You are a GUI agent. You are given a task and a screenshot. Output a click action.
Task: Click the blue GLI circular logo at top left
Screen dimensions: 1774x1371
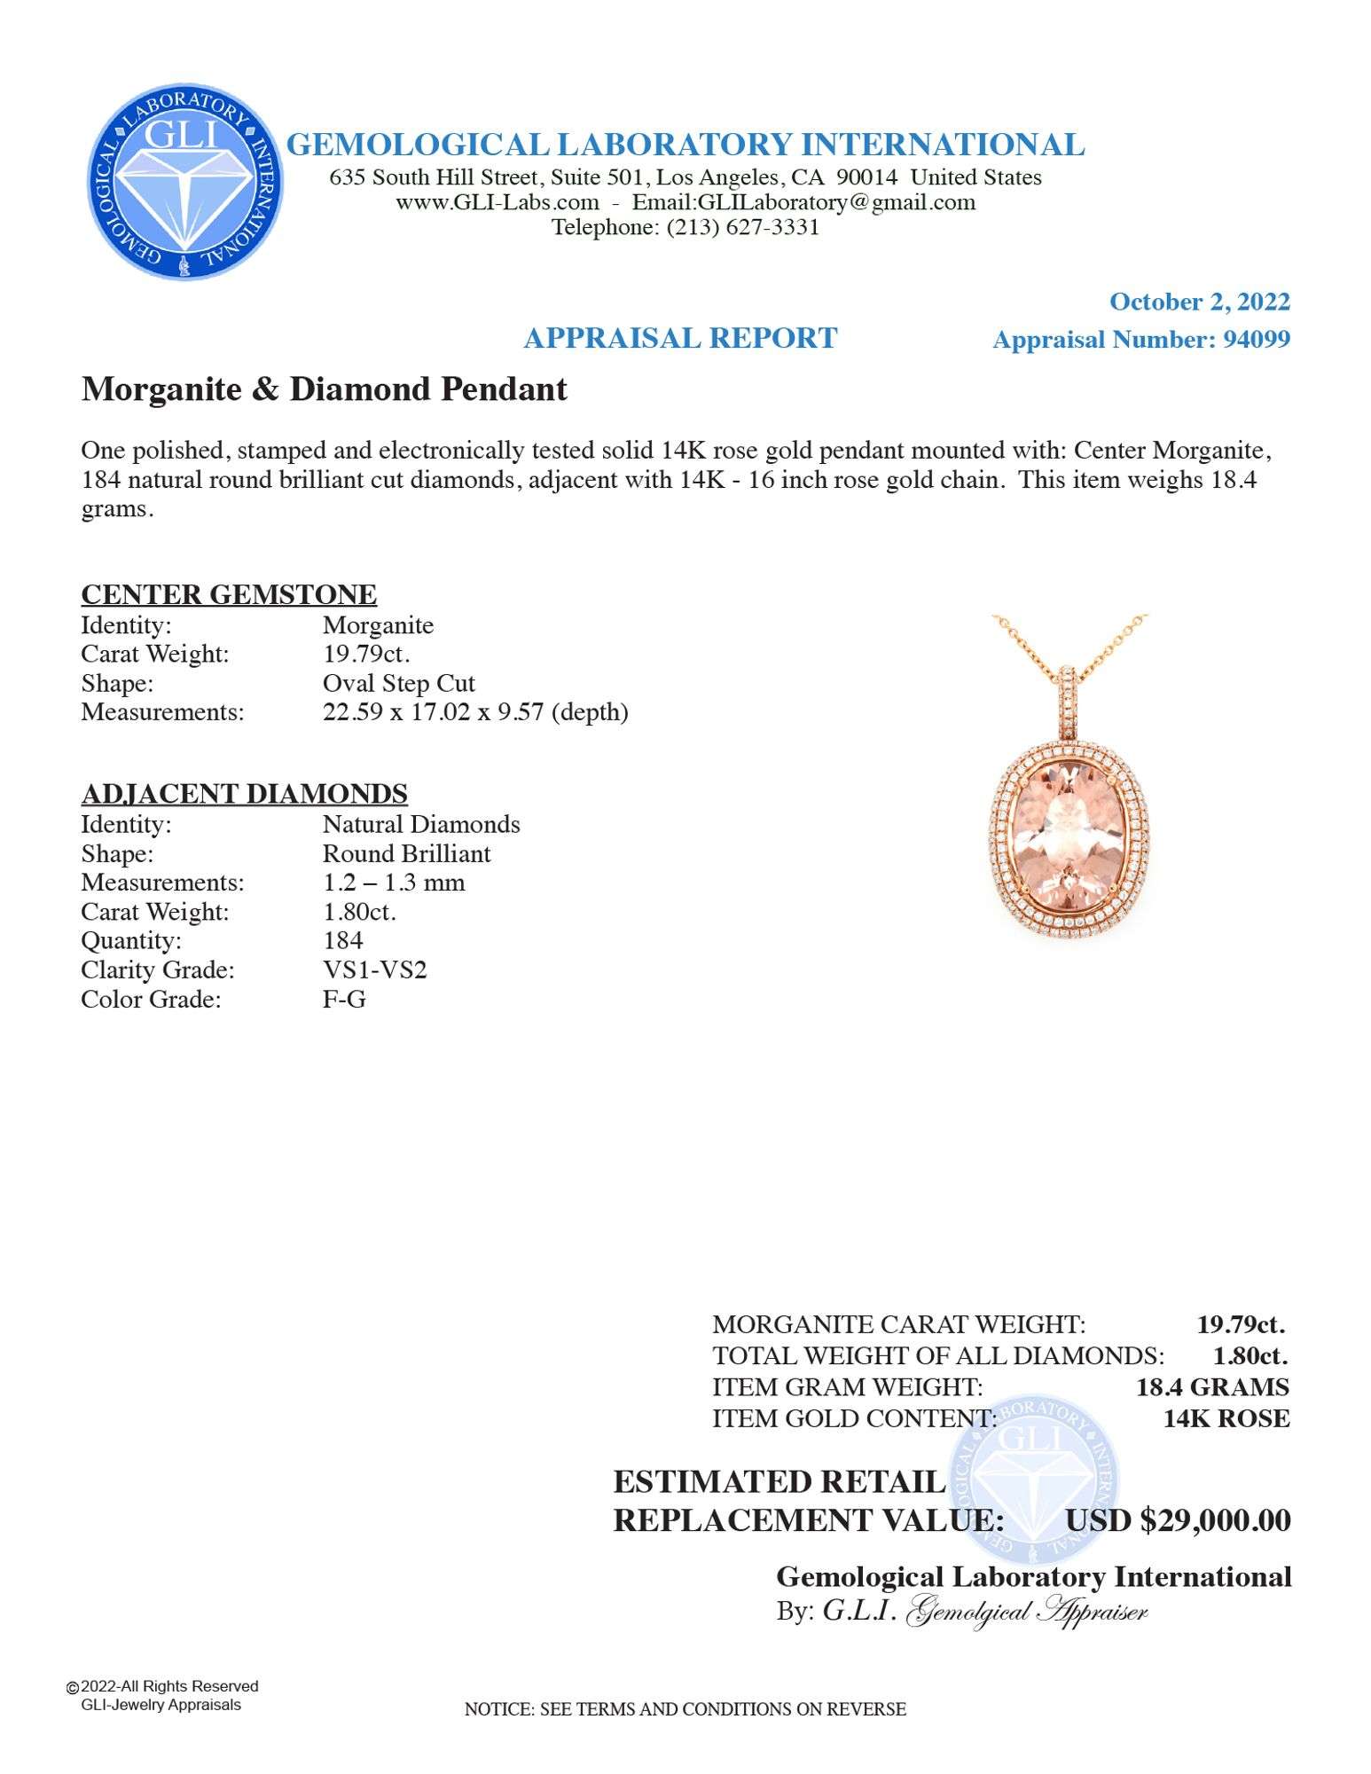184,182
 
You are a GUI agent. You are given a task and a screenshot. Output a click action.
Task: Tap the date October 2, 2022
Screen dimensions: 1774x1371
1199,302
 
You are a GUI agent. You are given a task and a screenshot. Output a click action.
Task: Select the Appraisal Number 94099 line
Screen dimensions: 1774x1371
1140,340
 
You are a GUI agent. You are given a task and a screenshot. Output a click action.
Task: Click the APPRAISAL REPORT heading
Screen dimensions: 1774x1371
680,338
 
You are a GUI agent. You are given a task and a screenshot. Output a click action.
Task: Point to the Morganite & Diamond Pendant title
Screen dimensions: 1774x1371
324,389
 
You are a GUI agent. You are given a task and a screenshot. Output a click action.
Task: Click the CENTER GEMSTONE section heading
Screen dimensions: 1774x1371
229,594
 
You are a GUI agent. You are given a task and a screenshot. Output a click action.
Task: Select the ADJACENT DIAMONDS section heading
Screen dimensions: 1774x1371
244,793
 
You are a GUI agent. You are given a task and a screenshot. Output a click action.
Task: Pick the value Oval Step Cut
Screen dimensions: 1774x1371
398,683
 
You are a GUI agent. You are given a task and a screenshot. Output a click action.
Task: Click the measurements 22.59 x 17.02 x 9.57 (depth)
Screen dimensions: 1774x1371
475,712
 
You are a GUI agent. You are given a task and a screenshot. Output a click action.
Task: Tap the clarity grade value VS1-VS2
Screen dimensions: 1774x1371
374,969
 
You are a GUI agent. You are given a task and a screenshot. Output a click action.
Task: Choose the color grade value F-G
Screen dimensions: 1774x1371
344,999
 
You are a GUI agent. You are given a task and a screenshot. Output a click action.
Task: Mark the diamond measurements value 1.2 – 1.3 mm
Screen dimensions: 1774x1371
393,883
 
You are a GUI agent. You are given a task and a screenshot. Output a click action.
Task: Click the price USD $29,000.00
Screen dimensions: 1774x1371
1178,1520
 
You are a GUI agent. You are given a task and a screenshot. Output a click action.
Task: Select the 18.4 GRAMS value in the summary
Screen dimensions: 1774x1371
1212,1387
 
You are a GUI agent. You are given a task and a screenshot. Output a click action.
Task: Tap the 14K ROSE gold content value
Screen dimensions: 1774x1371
1226,1418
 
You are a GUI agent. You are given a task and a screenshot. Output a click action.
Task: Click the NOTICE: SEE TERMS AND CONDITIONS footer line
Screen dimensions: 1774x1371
685,1709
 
